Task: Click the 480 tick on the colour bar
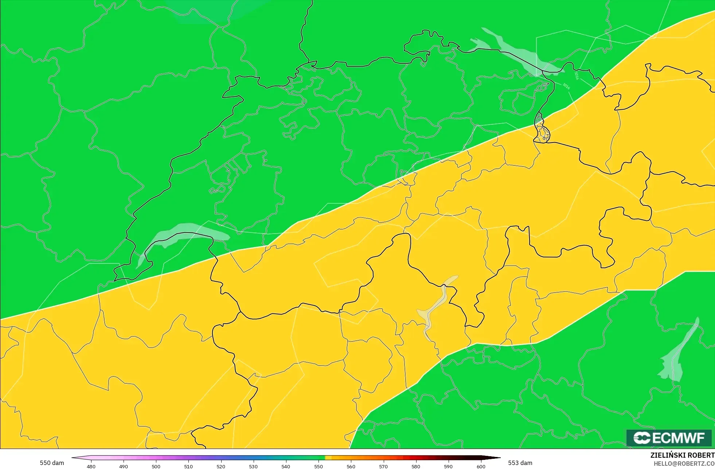[91, 466]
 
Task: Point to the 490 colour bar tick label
[124, 466]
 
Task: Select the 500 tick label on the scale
[156, 466]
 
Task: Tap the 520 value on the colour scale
[221, 466]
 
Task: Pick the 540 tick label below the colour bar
[286, 466]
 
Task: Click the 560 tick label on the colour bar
[351, 466]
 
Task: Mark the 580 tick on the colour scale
[416, 466]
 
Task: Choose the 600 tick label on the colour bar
[481, 466]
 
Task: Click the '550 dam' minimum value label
[52, 463]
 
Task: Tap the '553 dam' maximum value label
[520, 463]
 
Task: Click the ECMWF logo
[669, 438]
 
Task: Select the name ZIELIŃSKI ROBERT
[682, 455]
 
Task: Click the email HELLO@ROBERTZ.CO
[684, 464]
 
